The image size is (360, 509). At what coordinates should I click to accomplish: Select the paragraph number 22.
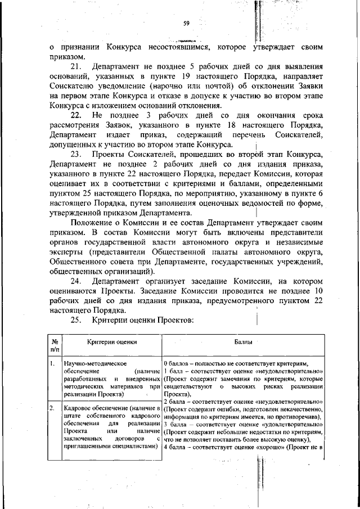76,115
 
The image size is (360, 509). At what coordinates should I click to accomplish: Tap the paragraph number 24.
76,281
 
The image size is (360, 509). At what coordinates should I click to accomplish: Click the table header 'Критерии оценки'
111,341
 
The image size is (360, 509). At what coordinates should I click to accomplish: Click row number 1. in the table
52,364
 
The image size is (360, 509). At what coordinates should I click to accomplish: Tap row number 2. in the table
52,407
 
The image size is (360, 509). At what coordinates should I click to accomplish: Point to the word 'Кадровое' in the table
79,407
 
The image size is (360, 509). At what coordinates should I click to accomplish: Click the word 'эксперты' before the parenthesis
65,252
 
